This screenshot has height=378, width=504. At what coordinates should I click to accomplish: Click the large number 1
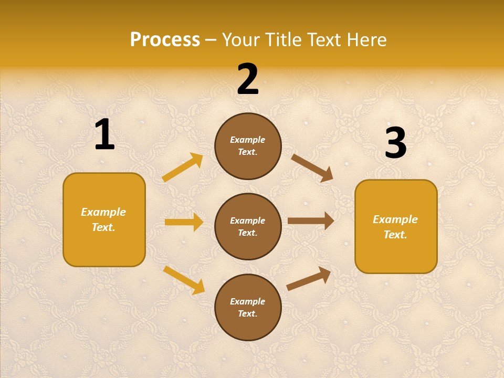pos(104,135)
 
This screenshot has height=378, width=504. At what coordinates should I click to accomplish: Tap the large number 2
pos(248,79)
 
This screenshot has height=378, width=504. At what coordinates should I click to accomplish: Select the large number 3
pos(395,143)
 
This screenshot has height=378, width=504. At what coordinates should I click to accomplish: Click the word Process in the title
pos(165,39)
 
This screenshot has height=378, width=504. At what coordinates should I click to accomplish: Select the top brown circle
pos(248,146)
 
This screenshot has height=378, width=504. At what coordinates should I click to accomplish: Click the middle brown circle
pos(248,226)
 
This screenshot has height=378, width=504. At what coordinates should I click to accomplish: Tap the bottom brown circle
pos(248,307)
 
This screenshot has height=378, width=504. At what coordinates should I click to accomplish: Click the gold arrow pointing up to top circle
pos(183,167)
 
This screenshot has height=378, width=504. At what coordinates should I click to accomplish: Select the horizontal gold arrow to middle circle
pos(184,222)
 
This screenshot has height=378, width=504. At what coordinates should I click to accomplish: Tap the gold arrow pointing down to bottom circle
pos(184,280)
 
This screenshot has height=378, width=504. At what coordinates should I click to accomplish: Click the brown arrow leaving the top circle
pos(312,167)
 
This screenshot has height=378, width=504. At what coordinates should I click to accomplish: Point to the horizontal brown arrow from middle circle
pos(311,220)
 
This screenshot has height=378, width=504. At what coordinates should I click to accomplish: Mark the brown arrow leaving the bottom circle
pos(309,279)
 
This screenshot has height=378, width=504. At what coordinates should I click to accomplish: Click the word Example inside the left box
pos(103,212)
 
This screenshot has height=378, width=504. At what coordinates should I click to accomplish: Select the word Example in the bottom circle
pos(247,301)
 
